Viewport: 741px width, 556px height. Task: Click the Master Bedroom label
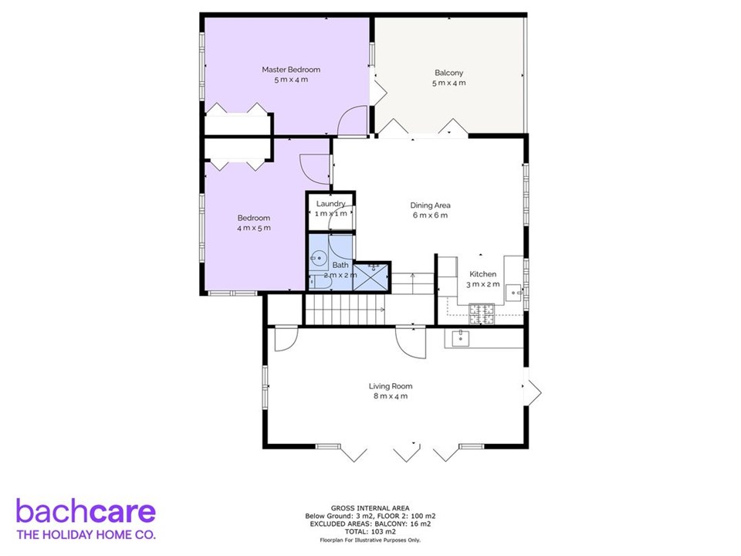pos(291,69)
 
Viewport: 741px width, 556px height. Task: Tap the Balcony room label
pos(449,73)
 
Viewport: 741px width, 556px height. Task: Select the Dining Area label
pos(430,205)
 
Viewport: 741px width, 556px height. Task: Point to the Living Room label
pos(391,386)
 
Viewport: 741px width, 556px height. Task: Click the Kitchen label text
pos(483,274)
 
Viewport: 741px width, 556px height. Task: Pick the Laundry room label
pos(331,204)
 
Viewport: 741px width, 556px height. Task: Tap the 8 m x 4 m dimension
pos(391,396)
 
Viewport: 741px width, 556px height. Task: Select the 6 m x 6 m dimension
pos(430,215)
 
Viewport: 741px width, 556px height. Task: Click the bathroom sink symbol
pos(319,258)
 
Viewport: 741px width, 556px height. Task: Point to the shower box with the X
pos(371,276)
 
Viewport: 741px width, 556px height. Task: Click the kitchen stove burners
pos(482,314)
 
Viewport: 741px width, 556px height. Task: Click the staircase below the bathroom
pos(345,310)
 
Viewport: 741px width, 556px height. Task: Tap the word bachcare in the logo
pos(86,511)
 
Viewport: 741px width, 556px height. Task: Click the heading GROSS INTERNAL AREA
pos(370,508)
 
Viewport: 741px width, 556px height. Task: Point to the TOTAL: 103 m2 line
pos(370,532)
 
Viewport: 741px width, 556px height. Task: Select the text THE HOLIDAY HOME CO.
pos(86,535)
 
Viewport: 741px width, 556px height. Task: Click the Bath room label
pos(340,265)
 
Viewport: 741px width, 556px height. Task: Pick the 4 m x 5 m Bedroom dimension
pos(254,228)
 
